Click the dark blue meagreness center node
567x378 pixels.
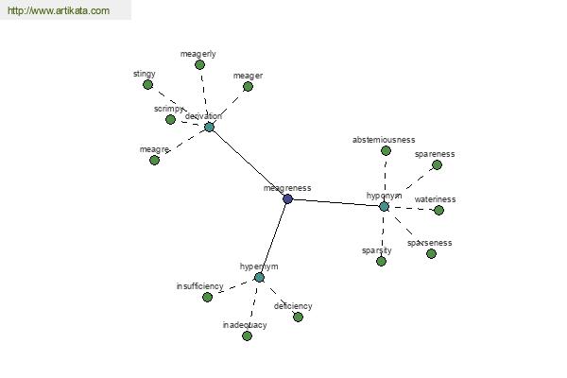[x=287, y=198]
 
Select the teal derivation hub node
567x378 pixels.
[x=209, y=127]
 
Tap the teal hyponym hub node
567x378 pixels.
[x=384, y=207]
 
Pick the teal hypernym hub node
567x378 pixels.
[x=259, y=278]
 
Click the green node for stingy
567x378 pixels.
[x=147, y=85]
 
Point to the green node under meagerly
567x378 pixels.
[x=199, y=65]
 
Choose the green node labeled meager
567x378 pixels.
[x=248, y=86]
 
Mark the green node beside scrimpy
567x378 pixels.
[x=170, y=119]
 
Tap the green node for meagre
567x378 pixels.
[x=154, y=160]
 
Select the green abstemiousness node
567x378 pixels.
[x=386, y=150]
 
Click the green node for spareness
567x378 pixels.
[x=437, y=165]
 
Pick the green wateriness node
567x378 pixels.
[x=438, y=210]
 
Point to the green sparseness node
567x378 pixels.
[x=431, y=253]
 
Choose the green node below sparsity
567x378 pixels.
[x=381, y=261]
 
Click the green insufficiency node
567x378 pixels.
[x=207, y=297]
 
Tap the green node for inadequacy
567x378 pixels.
[x=247, y=335]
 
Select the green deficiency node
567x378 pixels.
[x=298, y=317]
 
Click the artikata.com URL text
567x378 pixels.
[x=59, y=10]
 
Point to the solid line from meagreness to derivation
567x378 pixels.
[x=248, y=163]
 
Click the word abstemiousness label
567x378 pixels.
[x=384, y=140]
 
